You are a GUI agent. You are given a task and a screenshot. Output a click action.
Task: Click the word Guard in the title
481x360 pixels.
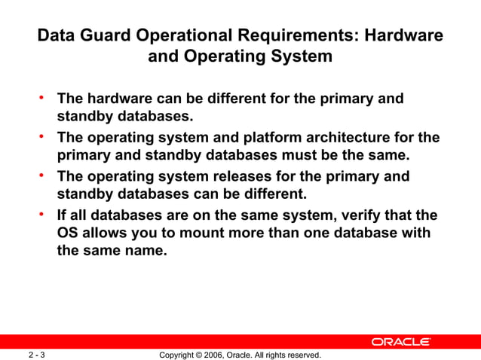[x=106, y=36]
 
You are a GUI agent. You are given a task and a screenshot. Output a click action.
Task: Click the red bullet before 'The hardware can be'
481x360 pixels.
[x=43, y=97]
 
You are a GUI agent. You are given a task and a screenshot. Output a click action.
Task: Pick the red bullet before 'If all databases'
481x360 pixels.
[x=43, y=215]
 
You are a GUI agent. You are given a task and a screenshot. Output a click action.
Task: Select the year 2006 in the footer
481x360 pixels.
[x=219, y=355]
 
